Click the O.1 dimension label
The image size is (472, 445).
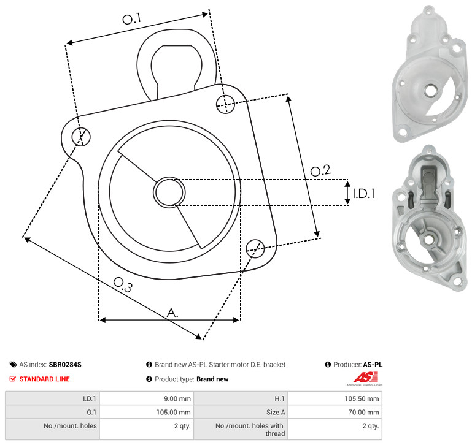(x=132, y=18)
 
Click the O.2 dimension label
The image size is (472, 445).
(x=320, y=170)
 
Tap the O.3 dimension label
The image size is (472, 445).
(x=123, y=284)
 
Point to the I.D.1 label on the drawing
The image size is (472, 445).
(x=364, y=194)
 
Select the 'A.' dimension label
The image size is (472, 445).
(x=172, y=313)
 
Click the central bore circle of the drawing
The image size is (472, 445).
(x=169, y=192)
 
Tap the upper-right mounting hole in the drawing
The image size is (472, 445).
(x=225, y=104)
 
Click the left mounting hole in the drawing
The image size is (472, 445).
(x=81, y=137)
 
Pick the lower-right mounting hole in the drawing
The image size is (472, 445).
(x=255, y=248)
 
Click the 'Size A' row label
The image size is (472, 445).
(x=276, y=413)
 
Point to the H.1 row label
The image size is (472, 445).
(x=280, y=398)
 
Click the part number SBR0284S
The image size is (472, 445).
(x=65, y=365)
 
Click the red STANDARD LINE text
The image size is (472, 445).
(x=45, y=379)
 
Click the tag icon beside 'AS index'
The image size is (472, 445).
(x=13, y=365)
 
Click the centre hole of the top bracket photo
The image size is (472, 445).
(x=431, y=90)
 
